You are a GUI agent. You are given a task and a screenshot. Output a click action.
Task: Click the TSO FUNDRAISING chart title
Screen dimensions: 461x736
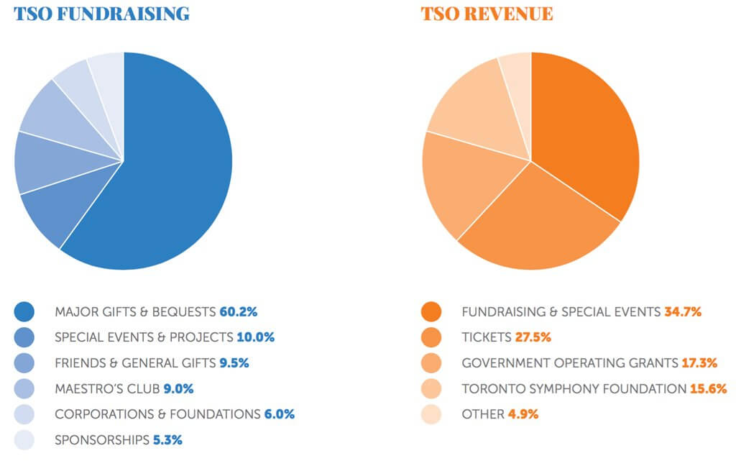101,14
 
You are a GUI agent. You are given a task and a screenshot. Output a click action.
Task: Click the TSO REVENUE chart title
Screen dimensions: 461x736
487,14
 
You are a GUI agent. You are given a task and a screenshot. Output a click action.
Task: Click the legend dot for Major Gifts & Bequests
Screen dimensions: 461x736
24,312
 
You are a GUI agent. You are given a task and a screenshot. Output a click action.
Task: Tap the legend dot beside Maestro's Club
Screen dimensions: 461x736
24,389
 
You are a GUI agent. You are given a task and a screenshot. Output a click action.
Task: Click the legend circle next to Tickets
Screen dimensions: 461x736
431,337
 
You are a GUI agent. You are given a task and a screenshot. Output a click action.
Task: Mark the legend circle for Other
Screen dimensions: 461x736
431,414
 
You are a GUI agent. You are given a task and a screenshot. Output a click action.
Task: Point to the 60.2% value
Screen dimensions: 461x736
238,312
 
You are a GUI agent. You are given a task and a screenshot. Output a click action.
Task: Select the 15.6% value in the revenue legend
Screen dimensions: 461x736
708,389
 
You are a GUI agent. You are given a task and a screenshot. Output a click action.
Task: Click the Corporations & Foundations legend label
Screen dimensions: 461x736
157,414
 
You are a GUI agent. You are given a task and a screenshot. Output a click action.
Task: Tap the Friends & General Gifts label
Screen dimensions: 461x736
132,363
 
